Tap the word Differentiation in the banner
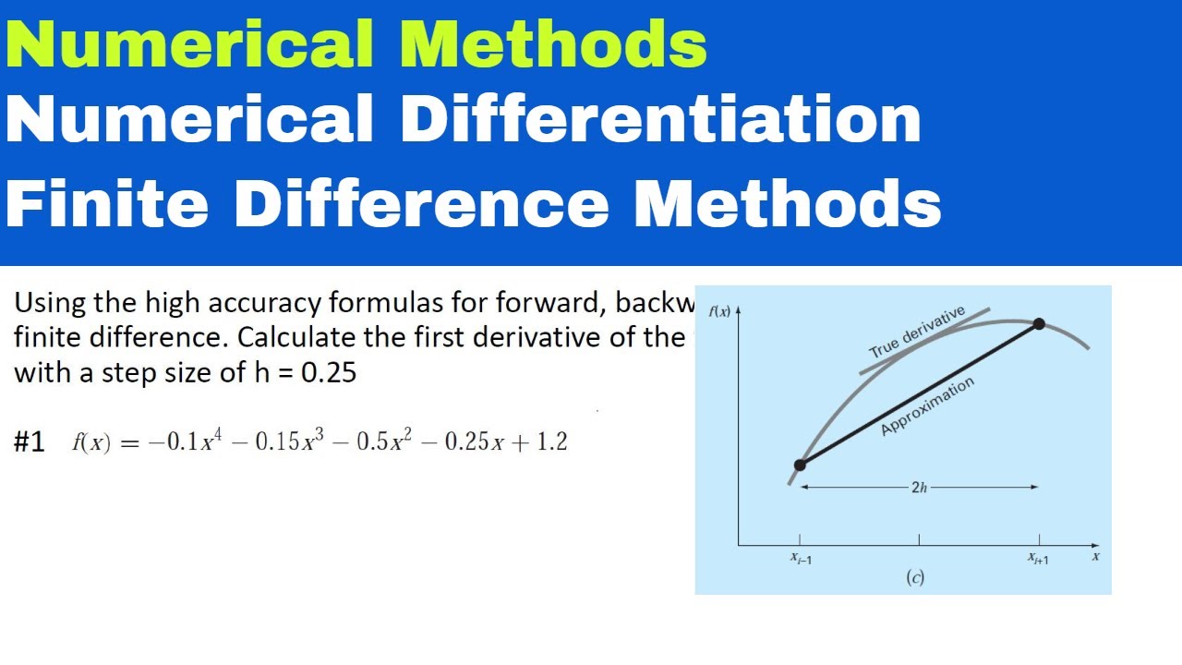click(x=661, y=121)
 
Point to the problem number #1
click(x=30, y=442)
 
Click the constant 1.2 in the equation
click(x=551, y=442)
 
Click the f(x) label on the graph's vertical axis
click(x=719, y=311)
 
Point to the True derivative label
click(x=916, y=332)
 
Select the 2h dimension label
click(x=919, y=488)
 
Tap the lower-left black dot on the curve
click(x=800, y=465)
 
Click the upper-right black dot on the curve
click(x=1039, y=323)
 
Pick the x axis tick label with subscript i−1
click(x=801, y=558)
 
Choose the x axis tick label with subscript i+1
click(x=1039, y=558)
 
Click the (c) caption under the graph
click(x=915, y=578)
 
